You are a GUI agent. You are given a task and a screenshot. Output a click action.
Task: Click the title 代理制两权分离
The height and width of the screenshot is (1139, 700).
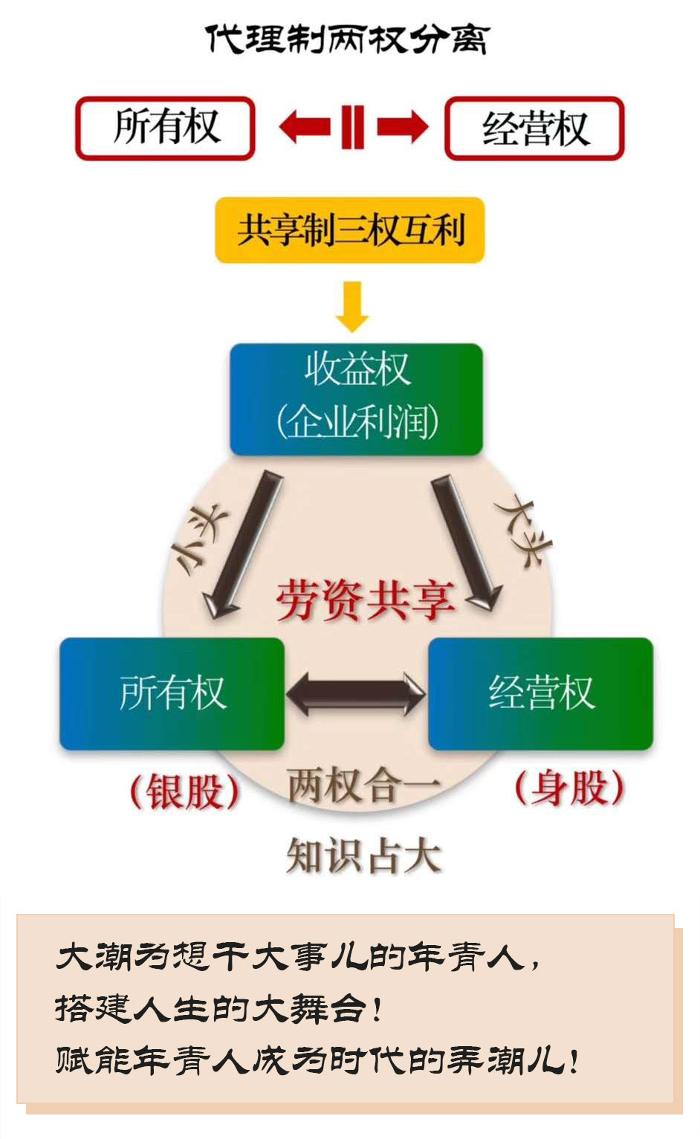click(x=347, y=40)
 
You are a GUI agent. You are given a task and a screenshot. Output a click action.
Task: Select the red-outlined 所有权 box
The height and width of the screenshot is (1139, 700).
click(x=166, y=128)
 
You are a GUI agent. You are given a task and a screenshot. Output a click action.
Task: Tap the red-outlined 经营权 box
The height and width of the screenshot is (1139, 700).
click(x=534, y=128)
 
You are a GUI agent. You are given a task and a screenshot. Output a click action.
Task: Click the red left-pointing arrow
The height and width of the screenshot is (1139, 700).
click(x=305, y=127)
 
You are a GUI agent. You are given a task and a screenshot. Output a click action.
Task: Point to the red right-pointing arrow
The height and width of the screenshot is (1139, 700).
click(x=402, y=127)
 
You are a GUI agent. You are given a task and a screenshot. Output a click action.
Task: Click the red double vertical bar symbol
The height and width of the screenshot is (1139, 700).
click(x=353, y=127)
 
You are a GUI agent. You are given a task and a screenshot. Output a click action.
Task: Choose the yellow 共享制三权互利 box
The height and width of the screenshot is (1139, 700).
click(x=350, y=230)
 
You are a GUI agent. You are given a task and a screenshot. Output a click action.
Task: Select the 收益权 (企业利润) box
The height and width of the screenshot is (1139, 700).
click(x=357, y=399)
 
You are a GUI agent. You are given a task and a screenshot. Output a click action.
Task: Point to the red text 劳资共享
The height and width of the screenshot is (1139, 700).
click(x=365, y=600)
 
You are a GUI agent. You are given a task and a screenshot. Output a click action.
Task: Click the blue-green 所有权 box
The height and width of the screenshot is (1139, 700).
click(x=172, y=693)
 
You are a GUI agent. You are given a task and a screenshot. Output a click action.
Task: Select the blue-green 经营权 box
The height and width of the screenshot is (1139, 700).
click(x=540, y=693)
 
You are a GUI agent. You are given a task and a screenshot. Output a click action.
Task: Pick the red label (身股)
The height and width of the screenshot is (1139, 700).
click(x=569, y=788)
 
